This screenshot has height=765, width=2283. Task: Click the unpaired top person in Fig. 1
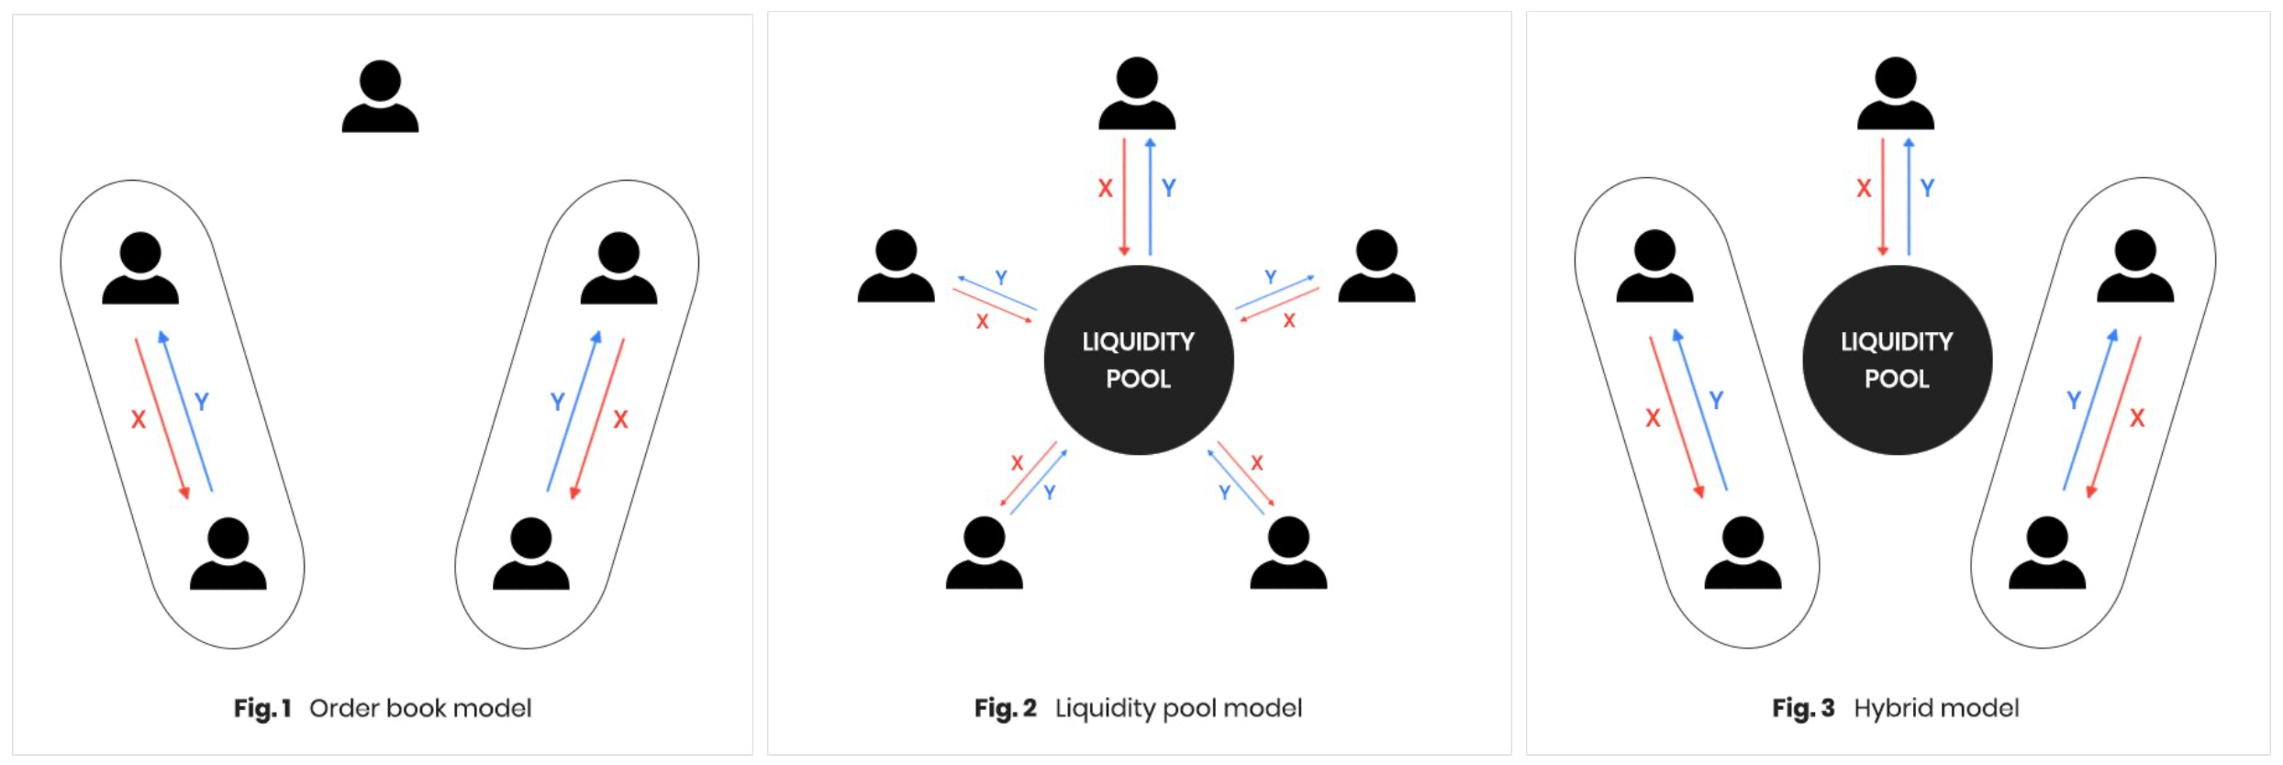[x=380, y=96]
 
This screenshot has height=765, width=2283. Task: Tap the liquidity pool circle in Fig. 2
[x=1139, y=360]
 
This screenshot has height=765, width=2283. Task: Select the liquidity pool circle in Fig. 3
[x=1897, y=360]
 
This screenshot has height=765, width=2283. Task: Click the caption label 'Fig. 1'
[x=262, y=708]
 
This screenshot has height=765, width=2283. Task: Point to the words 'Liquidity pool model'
[x=1178, y=708]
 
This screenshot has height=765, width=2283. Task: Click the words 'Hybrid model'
[x=1936, y=708]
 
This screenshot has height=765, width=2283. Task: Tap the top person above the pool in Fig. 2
[x=1137, y=93]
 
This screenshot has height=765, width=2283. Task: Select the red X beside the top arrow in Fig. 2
[x=1105, y=188]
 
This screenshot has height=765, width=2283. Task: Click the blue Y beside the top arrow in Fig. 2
[x=1169, y=188]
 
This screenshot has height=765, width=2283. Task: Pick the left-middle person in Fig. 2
[x=896, y=266]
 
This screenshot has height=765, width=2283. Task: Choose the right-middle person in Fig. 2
[x=1376, y=266]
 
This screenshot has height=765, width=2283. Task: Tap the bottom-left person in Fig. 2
[x=984, y=552]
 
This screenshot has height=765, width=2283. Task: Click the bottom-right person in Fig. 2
[x=1288, y=552]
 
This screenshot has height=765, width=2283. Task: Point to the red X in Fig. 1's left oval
[x=138, y=419]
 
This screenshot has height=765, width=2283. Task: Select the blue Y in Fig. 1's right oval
[x=557, y=402]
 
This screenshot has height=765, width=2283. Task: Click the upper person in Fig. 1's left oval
[x=139, y=268]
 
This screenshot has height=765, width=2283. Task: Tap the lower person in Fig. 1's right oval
[x=530, y=553]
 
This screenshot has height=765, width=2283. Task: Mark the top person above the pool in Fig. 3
[x=1896, y=93]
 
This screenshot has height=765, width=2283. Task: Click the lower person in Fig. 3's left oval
[x=1743, y=552]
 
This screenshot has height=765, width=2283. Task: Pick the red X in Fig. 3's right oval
[x=2137, y=418]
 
